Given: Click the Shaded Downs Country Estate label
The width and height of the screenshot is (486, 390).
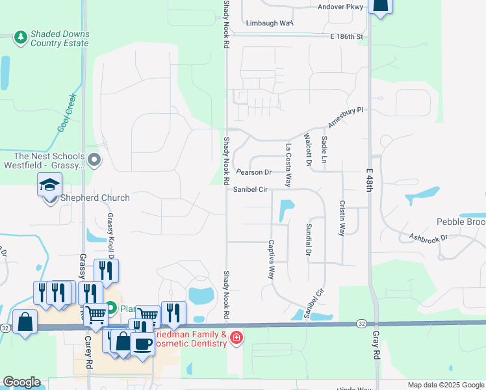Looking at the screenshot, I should tap(60, 38).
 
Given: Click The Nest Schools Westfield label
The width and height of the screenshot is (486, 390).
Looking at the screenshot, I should tap(49, 161).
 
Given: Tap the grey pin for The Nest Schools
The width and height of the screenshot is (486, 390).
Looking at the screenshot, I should tap(95, 159).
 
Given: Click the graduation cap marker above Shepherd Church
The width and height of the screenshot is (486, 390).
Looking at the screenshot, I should tap(49, 185).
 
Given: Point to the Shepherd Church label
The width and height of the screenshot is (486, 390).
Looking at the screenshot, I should tap(94, 198).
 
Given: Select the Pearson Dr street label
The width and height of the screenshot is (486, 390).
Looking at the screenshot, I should tap(253, 172).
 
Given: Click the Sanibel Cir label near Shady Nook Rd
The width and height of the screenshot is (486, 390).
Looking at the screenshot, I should tap(251, 189).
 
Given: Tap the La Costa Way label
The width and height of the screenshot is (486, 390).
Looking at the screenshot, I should tap(287, 166).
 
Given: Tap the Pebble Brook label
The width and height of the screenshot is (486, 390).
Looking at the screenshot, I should tap(461, 222).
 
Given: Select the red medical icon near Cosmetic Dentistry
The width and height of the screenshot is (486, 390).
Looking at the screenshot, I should tap(236, 337).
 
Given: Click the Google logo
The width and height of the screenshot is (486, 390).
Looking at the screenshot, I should tap(21, 382).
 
